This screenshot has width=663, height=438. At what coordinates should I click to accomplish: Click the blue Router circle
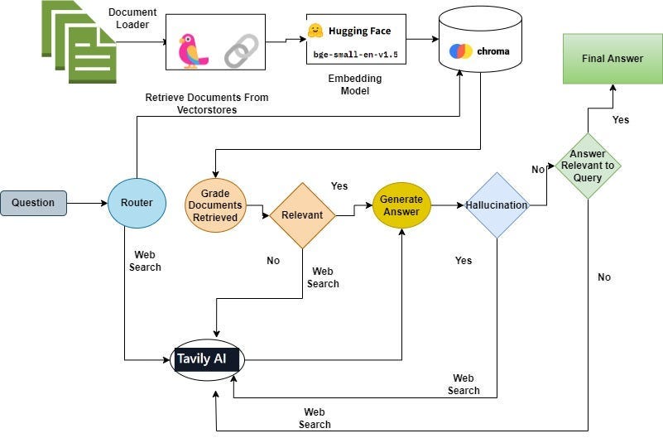(x=137, y=203)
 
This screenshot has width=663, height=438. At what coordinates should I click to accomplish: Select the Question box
(x=33, y=203)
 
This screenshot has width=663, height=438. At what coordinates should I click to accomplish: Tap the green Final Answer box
(x=613, y=59)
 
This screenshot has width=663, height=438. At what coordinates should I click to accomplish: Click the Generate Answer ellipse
(x=401, y=205)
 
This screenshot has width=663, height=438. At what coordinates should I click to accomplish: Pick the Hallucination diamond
(x=497, y=205)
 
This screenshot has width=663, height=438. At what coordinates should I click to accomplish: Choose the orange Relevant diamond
(x=302, y=215)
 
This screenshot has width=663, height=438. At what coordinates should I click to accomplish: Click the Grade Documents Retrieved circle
(x=216, y=205)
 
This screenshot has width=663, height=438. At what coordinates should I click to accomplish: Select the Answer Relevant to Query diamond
(x=588, y=166)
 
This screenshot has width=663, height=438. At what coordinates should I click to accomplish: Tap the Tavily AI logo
(x=207, y=360)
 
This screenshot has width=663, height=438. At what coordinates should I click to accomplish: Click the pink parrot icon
(x=192, y=51)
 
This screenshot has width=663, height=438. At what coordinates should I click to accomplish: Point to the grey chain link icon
(x=242, y=51)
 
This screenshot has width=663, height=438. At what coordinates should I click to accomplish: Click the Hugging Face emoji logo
(x=315, y=31)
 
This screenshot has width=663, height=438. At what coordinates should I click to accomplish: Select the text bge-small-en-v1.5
(x=356, y=55)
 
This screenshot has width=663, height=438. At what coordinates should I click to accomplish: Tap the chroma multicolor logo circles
(x=461, y=51)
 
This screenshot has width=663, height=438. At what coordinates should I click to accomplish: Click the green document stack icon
(x=79, y=41)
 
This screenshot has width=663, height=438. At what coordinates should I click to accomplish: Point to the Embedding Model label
(x=355, y=84)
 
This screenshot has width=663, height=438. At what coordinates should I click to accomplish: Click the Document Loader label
(x=132, y=18)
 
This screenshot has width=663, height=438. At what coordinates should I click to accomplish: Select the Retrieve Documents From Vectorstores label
(x=207, y=103)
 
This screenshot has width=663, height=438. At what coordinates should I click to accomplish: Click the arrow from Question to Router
(x=87, y=204)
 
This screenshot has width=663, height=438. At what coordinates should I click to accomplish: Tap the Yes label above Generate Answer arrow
(x=339, y=186)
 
